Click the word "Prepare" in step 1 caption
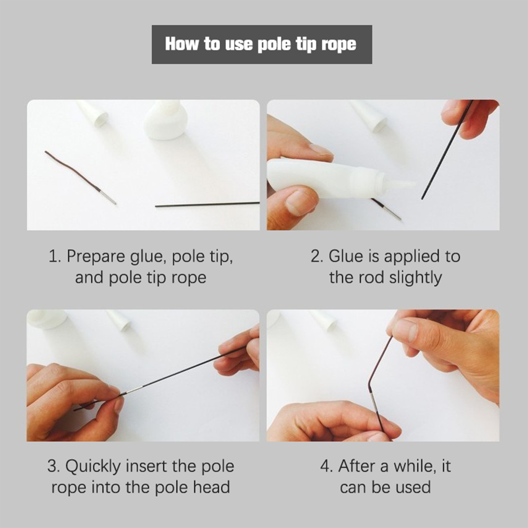pyautogui.click(x=95, y=257)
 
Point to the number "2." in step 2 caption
pyautogui.click(x=317, y=256)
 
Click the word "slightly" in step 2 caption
pyautogui.click(x=415, y=278)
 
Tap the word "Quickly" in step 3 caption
pyautogui.click(x=93, y=467)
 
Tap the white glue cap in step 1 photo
pyautogui.click(x=93, y=112)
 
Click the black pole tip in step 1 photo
pyautogui.click(x=207, y=204)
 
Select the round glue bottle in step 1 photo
pyautogui.click(x=165, y=120)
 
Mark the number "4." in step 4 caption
pyautogui.click(x=327, y=466)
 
